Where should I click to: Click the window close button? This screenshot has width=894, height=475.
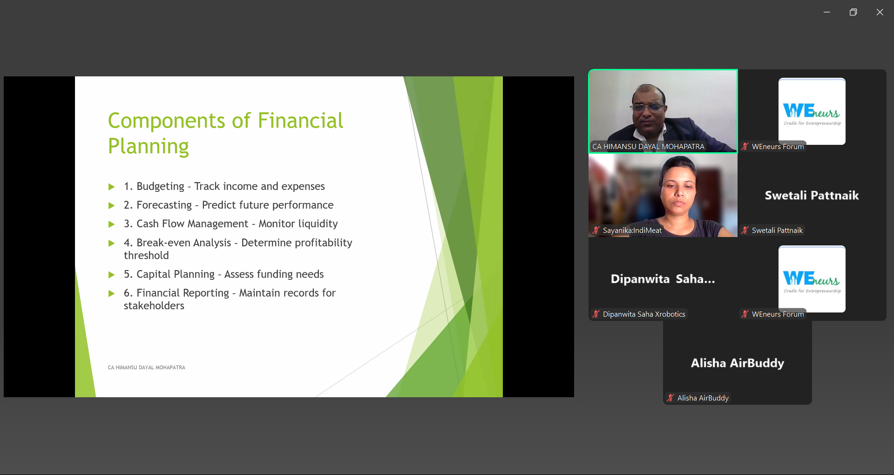(x=880, y=12)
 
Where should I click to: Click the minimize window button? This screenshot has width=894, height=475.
(x=827, y=12)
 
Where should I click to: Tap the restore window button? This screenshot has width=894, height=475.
(x=853, y=12)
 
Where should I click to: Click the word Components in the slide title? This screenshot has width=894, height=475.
(x=167, y=121)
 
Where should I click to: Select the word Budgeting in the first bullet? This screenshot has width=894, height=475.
(x=161, y=187)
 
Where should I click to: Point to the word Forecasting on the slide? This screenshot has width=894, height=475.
(x=164, y=205)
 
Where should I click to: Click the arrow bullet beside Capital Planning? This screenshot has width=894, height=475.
(x=111, y=275)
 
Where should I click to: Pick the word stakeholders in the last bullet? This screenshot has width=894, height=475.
(x=154, y=305)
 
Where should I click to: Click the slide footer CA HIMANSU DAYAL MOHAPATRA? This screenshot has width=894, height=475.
(x=147, y=367)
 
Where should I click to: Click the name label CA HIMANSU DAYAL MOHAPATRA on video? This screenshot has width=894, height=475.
(x=648, y=146)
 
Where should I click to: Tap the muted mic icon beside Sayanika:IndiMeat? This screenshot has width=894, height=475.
(x=596, y=230)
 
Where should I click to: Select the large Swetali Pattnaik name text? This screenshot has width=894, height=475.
(x=812, y=195)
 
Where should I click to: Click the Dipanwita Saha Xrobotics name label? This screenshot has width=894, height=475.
(x=644, y=314)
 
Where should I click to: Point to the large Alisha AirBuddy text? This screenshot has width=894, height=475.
(x=738, y=363)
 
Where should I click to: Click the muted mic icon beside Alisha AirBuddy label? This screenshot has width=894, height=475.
(x=670, y=398)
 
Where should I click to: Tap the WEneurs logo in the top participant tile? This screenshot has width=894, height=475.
(x=812, y=111)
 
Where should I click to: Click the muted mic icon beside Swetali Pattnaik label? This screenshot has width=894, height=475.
(x=745, y=230)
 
